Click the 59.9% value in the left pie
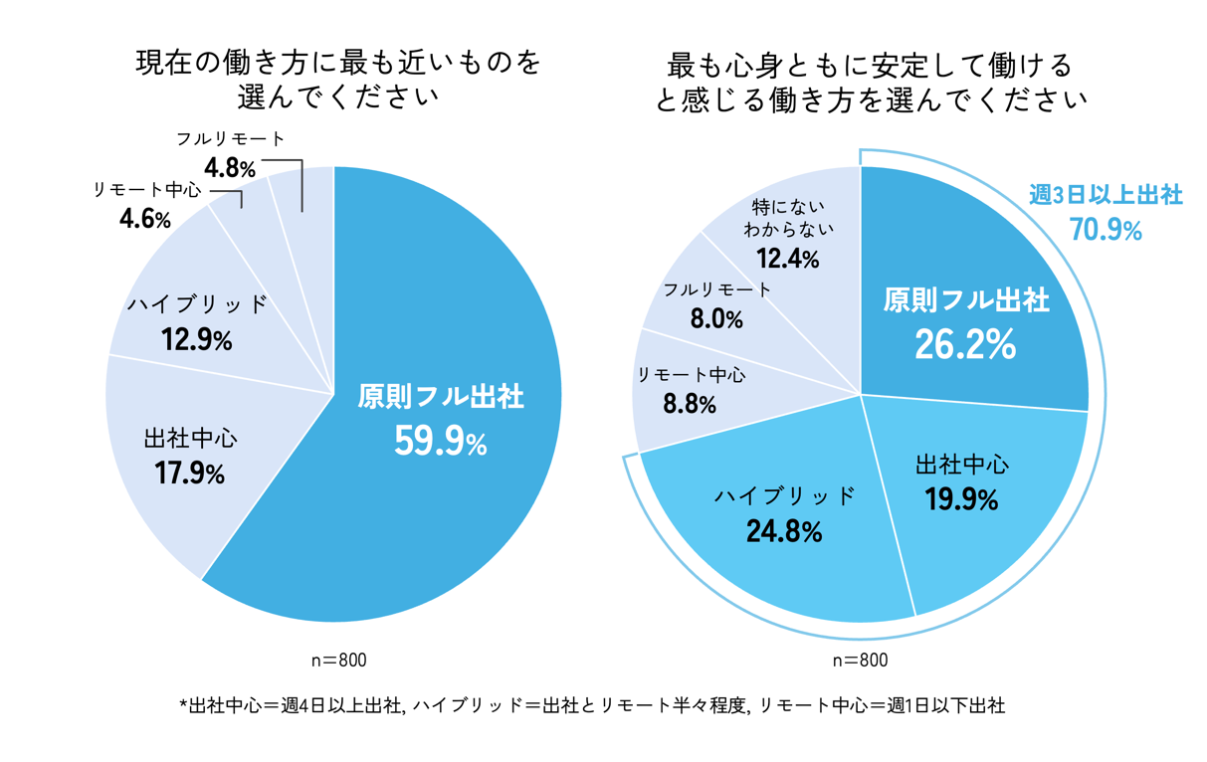(x=440, y=442)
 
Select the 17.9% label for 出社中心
(x=190, y=475)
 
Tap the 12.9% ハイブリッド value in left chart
(x=196, y=341)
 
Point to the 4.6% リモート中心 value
(x=144, y=219)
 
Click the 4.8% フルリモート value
(x=230, y=165)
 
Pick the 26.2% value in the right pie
(x=965, y=344)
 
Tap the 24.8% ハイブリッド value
(x=784, y=532)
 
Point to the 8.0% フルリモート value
(x=716, y=319)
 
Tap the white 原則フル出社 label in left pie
(x=440, y=397)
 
